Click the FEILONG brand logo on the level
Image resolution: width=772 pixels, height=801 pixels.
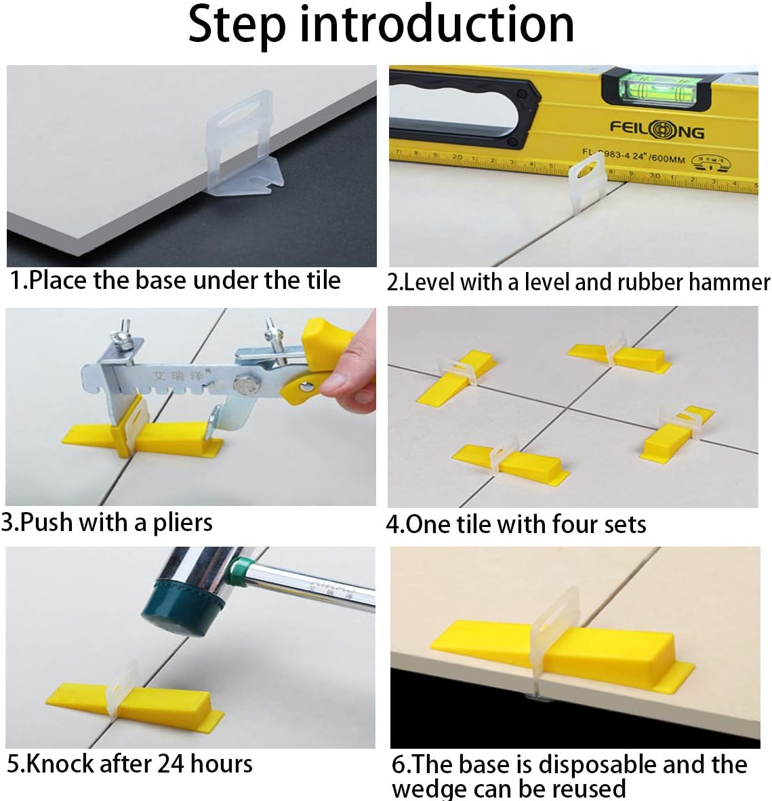[x=656, y=128]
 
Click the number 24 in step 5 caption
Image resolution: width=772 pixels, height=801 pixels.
[x=171, y=764]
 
